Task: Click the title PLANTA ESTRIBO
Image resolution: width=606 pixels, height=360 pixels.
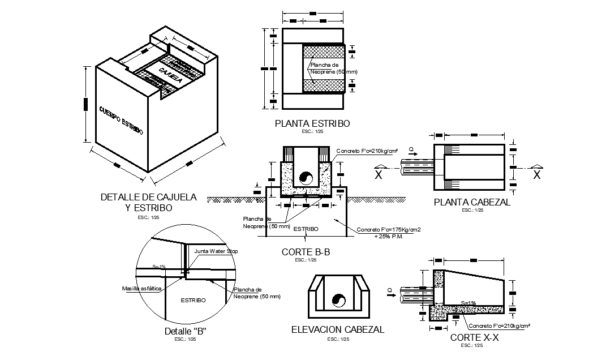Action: click(312, 123)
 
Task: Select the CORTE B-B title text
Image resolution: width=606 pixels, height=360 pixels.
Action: click(306, 252)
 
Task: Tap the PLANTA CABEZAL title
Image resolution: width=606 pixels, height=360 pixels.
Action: click(472, 202)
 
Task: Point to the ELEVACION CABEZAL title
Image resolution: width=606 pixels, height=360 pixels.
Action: click(337, 329)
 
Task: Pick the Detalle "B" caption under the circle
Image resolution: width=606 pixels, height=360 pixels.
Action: click(184, 331)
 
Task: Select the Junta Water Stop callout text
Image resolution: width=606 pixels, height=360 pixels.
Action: click(216, 251)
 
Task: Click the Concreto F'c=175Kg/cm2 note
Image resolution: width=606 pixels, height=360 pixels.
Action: click(389, 230)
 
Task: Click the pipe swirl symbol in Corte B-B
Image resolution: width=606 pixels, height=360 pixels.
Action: click(306, 178)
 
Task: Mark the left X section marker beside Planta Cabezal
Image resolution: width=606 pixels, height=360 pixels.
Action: click(379, 174)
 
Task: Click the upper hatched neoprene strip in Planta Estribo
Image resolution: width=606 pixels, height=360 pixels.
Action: click(324, 51)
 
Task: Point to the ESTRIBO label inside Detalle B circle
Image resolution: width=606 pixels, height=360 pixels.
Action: click(193, 300)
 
